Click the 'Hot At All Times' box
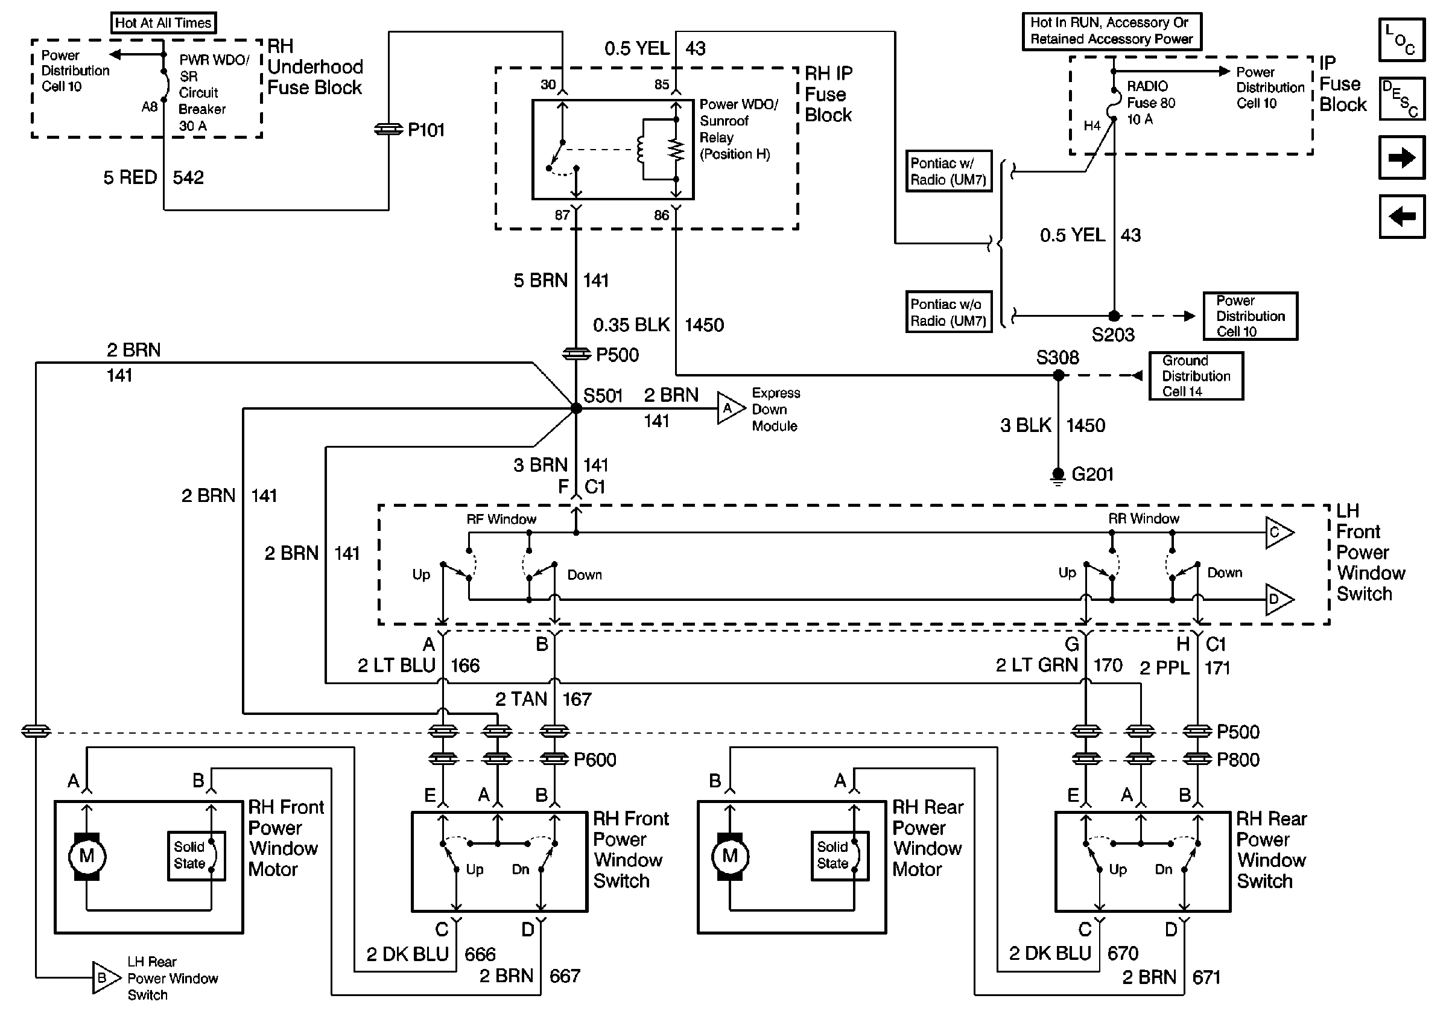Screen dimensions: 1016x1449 163,24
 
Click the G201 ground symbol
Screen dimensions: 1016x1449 1058,475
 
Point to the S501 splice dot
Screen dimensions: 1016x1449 576,408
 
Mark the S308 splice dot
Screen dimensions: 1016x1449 1058,375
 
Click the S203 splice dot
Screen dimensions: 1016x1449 1114,316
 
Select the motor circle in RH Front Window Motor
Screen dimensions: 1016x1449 86,856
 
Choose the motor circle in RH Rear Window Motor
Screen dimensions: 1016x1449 729,856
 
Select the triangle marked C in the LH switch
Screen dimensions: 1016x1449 1278,533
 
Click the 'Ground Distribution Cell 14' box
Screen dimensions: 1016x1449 1196,376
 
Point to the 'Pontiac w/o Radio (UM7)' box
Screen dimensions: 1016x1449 948,313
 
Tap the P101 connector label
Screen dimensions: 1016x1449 426,130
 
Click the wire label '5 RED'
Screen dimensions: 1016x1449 130,178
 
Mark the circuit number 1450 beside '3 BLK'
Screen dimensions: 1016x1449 1085,426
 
